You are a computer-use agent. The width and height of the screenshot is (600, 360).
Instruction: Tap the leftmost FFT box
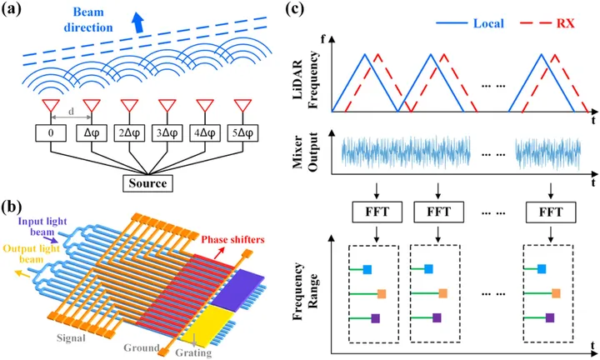362,211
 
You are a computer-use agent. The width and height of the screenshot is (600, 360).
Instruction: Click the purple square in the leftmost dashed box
375,317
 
